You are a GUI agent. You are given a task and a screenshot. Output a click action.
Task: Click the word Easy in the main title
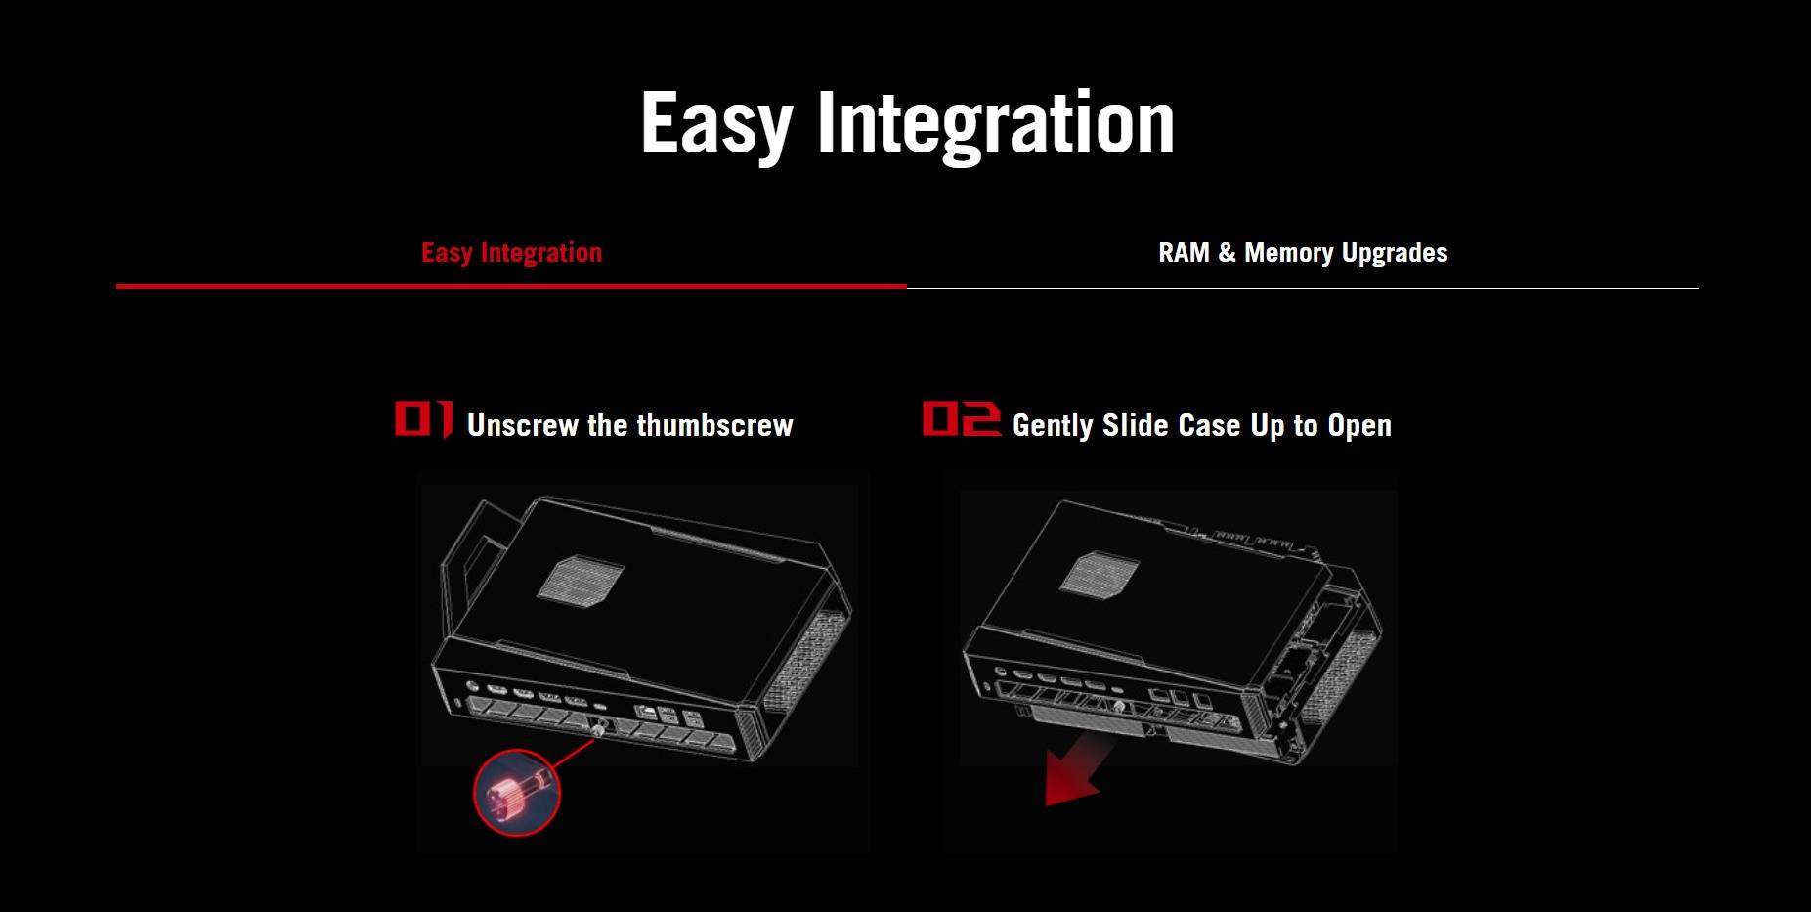[x=716, y=123]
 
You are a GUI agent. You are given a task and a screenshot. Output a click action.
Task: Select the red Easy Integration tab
[x=511, y=253]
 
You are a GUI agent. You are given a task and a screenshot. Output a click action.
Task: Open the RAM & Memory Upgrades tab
[x=1303, y=253]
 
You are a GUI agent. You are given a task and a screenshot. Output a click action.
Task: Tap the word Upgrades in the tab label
[x=1395, y=254]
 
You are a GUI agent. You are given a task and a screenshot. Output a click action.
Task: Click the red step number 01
[x=423, y=418]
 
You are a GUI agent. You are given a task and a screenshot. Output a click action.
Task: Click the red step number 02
[x=962, y=418]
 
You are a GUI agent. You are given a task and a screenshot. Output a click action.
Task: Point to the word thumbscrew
[x=714, y=425]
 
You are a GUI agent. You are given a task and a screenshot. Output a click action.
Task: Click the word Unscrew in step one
[x=523, y=425]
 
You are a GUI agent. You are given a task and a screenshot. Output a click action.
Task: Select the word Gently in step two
[x=1053, y=426]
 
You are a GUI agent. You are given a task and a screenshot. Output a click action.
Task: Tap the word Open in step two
[x=1359, y=426]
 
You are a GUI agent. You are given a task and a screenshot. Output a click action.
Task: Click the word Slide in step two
[x=1136, y=425]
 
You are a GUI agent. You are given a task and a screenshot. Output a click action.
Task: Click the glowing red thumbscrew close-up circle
[x=517, y=792]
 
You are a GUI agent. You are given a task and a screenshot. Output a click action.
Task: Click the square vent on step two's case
[x=1100, y=573]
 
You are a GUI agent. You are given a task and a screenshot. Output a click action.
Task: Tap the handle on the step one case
[x=464, y=567]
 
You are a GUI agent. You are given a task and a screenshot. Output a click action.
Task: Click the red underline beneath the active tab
[x=511, y=286]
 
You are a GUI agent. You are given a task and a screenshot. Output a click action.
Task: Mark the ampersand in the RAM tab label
[x=1227, y=253]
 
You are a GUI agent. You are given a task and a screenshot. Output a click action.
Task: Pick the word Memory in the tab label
[x=1288, y=254]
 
